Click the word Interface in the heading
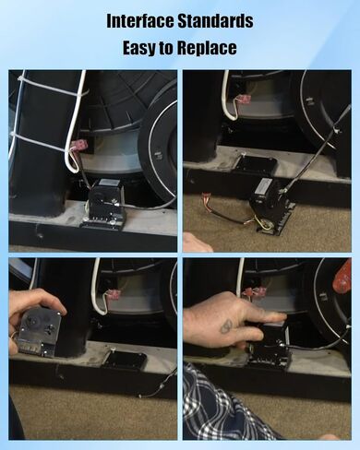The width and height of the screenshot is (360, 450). (x=140, y=21)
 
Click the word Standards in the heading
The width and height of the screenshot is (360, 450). (x=216, y=21)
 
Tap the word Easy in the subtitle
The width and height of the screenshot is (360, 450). (x=139, y=48)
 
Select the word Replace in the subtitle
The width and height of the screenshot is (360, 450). (x=207, y=48)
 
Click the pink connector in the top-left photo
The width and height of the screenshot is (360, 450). (x=78, y=145)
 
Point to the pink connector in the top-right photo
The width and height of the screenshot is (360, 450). (x=244, y=99)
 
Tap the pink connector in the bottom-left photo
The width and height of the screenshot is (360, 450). (x=113, y=294)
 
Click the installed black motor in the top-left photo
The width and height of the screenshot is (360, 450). (x=104, y=204)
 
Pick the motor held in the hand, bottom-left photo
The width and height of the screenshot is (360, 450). (x=39, y=332)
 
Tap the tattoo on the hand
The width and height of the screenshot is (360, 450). (x=227, y=326)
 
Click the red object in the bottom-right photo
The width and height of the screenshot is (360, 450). (x=343, y=277)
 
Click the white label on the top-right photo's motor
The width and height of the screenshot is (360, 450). (x=263, y=186)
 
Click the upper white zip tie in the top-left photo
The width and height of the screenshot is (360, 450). (x=53, y=84)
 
